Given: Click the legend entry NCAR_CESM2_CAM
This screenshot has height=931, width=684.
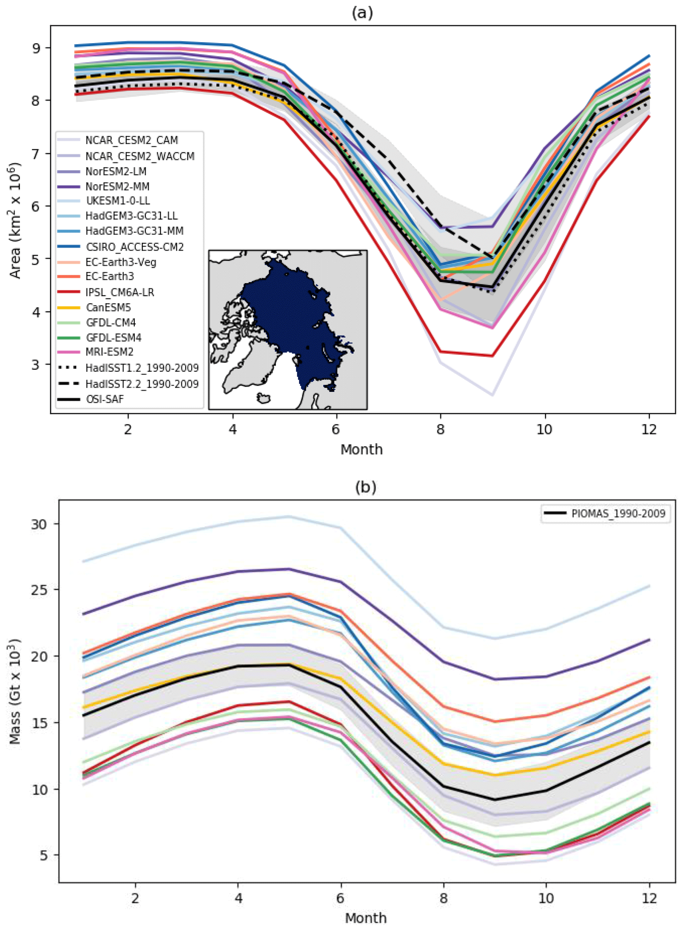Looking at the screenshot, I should coord(131,140).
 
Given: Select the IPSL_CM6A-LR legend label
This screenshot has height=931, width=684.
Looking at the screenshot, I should coord(120,292).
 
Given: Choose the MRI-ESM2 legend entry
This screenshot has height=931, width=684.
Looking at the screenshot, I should coord(109,352).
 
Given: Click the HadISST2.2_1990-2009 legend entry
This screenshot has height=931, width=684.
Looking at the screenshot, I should coord(142,384).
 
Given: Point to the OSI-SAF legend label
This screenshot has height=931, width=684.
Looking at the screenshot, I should coord(104,399).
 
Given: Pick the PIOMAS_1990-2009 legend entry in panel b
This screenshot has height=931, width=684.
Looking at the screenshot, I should coord(618,514).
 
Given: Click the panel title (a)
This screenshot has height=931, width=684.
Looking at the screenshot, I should coord(362,13).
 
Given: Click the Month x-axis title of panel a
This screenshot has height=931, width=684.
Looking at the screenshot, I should coord(361,450).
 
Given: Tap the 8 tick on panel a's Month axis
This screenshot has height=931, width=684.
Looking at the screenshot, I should coord(440,430).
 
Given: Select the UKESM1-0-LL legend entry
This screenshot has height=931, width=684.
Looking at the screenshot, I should coord(117,201).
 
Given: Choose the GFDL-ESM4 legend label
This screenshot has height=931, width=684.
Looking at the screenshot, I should coord(114,338).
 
